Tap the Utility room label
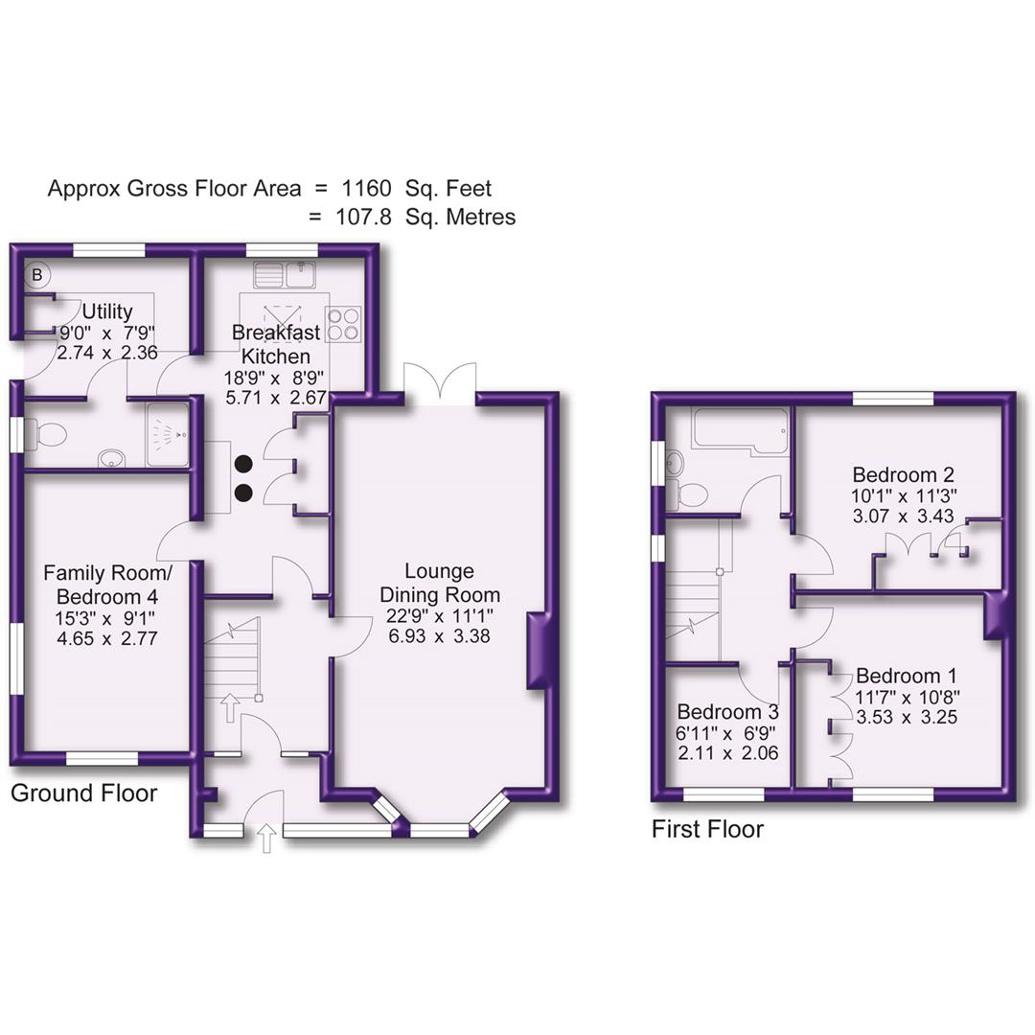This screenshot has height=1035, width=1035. coord(106,311)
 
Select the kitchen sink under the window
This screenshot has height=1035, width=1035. coord(286,274)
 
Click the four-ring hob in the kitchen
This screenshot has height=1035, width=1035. coord(343,323)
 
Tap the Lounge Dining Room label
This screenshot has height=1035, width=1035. coord(440,583)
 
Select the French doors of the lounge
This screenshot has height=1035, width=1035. coord(440,383)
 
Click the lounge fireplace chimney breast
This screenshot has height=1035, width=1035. coord(540,652)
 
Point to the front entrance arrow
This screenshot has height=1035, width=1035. coord(267,839)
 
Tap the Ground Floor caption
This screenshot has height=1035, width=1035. coord(83,793)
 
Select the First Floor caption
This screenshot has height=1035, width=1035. coord(707,829)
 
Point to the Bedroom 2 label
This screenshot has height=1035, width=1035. coord(903,474)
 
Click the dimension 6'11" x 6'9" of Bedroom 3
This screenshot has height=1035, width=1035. coord(725,733)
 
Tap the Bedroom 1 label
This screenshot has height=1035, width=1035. coord(907,676)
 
